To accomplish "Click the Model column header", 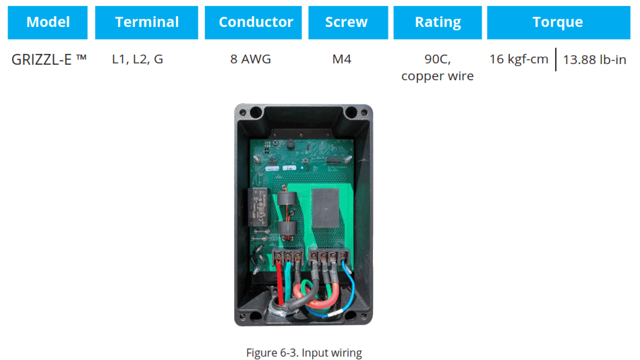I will [48, 22].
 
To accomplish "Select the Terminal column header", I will [146, 22].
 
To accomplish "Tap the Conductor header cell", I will [256, 22].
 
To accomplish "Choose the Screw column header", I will [346, 22].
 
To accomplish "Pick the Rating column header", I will [438, 22].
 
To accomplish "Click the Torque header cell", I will [557, 22].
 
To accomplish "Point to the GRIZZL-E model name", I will [49, 59].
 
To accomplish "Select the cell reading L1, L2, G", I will [138, 59].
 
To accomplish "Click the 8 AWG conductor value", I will [250, 59].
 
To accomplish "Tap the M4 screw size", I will [342, 59].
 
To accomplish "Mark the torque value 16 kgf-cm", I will [519, 59].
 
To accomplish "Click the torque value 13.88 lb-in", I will [594, 60].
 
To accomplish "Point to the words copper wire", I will [437, 76].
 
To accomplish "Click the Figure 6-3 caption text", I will [303, 353].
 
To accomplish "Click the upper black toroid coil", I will [288, 200].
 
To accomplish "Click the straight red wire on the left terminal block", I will [281, 283].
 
